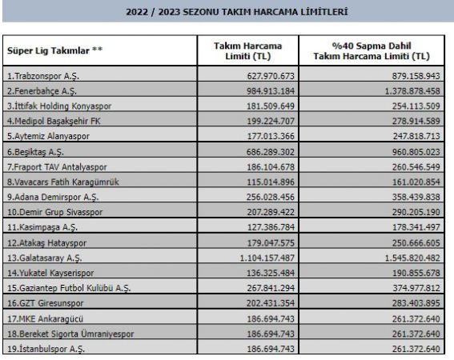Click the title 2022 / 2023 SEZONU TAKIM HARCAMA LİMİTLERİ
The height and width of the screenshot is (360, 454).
coord(227,13)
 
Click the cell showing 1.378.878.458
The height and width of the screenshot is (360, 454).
coord(404,92)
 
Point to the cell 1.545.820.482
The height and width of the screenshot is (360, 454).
coord(404,259)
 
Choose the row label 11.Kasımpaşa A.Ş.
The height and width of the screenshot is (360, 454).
coord(42,226)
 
